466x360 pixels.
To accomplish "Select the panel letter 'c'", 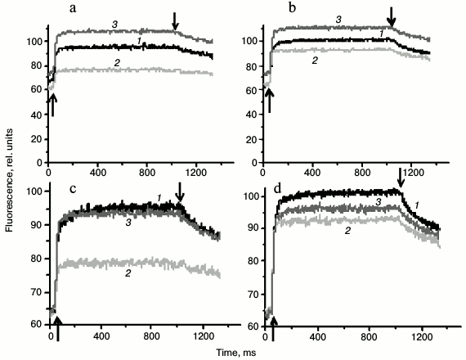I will click(73, 191).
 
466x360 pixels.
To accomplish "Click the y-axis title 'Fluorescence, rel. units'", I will click(9, 175).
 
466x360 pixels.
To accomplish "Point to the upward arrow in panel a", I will click(52, 104).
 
